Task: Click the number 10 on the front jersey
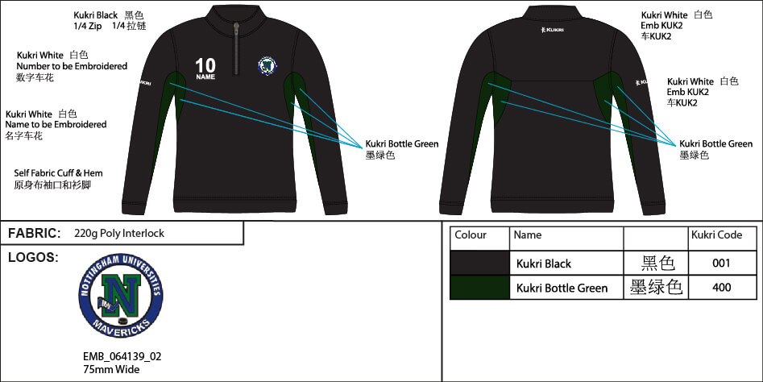[205, 64]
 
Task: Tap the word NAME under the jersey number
[205, 77]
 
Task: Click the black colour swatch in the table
[479, 263]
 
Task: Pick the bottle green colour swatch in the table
[479, 287]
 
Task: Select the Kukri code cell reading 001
[722, 263]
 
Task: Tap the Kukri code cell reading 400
[722, 287]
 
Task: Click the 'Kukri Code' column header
[716, 235]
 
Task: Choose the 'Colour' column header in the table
[471, 235]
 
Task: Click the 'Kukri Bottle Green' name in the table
[562, 288]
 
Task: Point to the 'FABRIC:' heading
[35, 233]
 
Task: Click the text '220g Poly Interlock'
[119, 234]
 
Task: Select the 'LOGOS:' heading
[33, 257]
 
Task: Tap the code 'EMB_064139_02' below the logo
[116, 356]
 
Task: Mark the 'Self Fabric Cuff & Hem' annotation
[59, 173]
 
